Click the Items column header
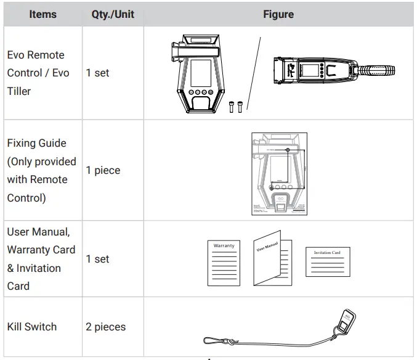click(43, 14)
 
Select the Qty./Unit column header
click(113, 14)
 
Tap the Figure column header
click(278, 14)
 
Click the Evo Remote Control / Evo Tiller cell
click(38, 73)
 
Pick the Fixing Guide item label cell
click(41, 170)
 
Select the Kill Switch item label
click(32, 327)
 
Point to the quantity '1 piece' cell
click(103, 170)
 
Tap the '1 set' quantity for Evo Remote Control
click(97, 73)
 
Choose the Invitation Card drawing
click(327, 262)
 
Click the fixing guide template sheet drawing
click(279, 174)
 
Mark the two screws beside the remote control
click(235, 106)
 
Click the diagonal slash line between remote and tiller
click(254, 74)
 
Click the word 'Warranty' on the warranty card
click(224, 246)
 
